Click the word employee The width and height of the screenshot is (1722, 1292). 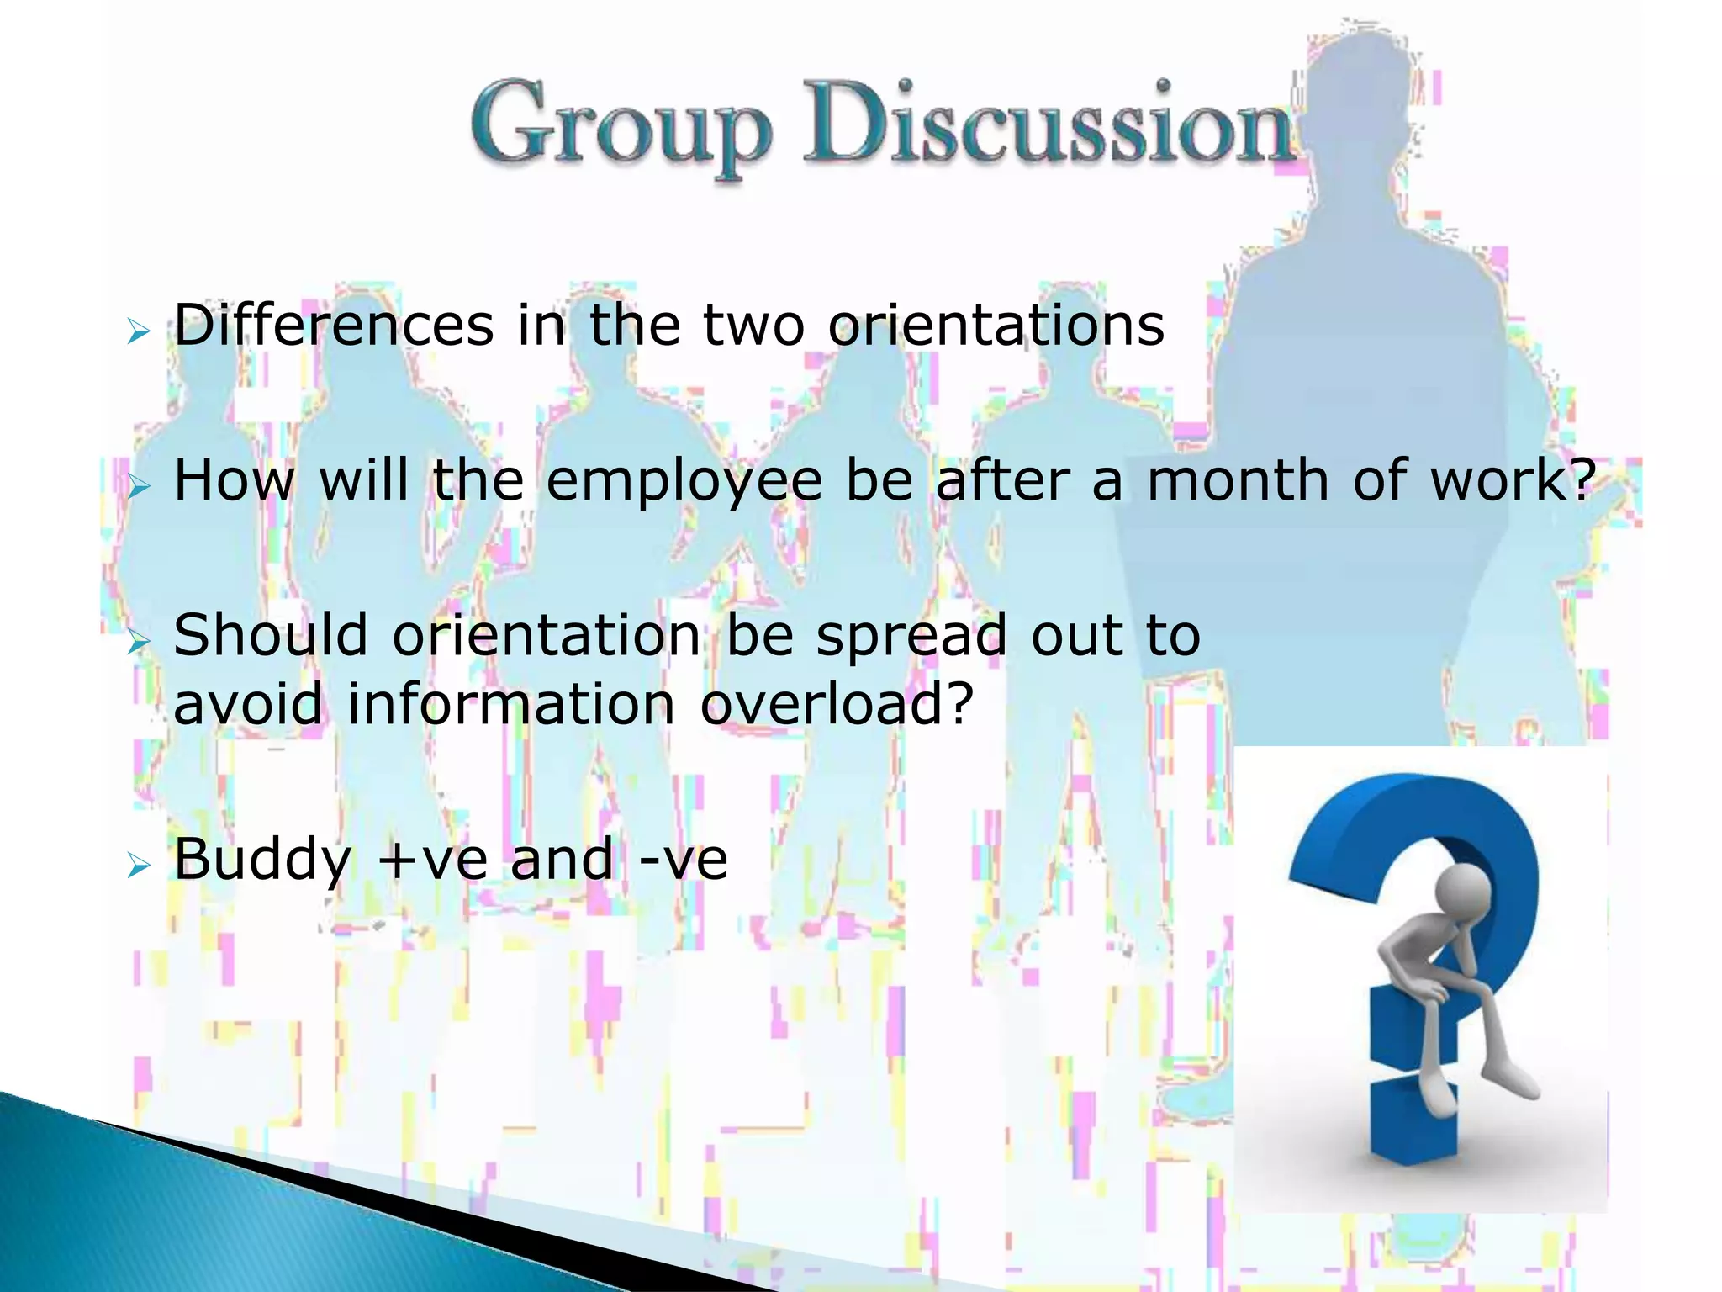coord(684,482)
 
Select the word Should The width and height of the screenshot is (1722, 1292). coord(271,635)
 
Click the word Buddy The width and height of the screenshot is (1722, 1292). coord(262,860)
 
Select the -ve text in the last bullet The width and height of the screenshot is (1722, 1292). coord(683,860)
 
